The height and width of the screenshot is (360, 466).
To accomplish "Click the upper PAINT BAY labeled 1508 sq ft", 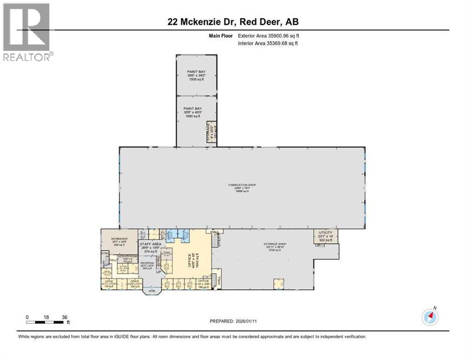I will (196, 75).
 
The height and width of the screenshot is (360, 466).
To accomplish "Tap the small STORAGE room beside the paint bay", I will (211, 133).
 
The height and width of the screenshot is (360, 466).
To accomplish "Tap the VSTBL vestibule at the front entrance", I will (152, 291).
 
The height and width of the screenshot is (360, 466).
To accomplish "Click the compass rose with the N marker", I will (430, 317).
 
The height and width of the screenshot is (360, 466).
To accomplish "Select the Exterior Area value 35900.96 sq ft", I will (268, 35).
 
